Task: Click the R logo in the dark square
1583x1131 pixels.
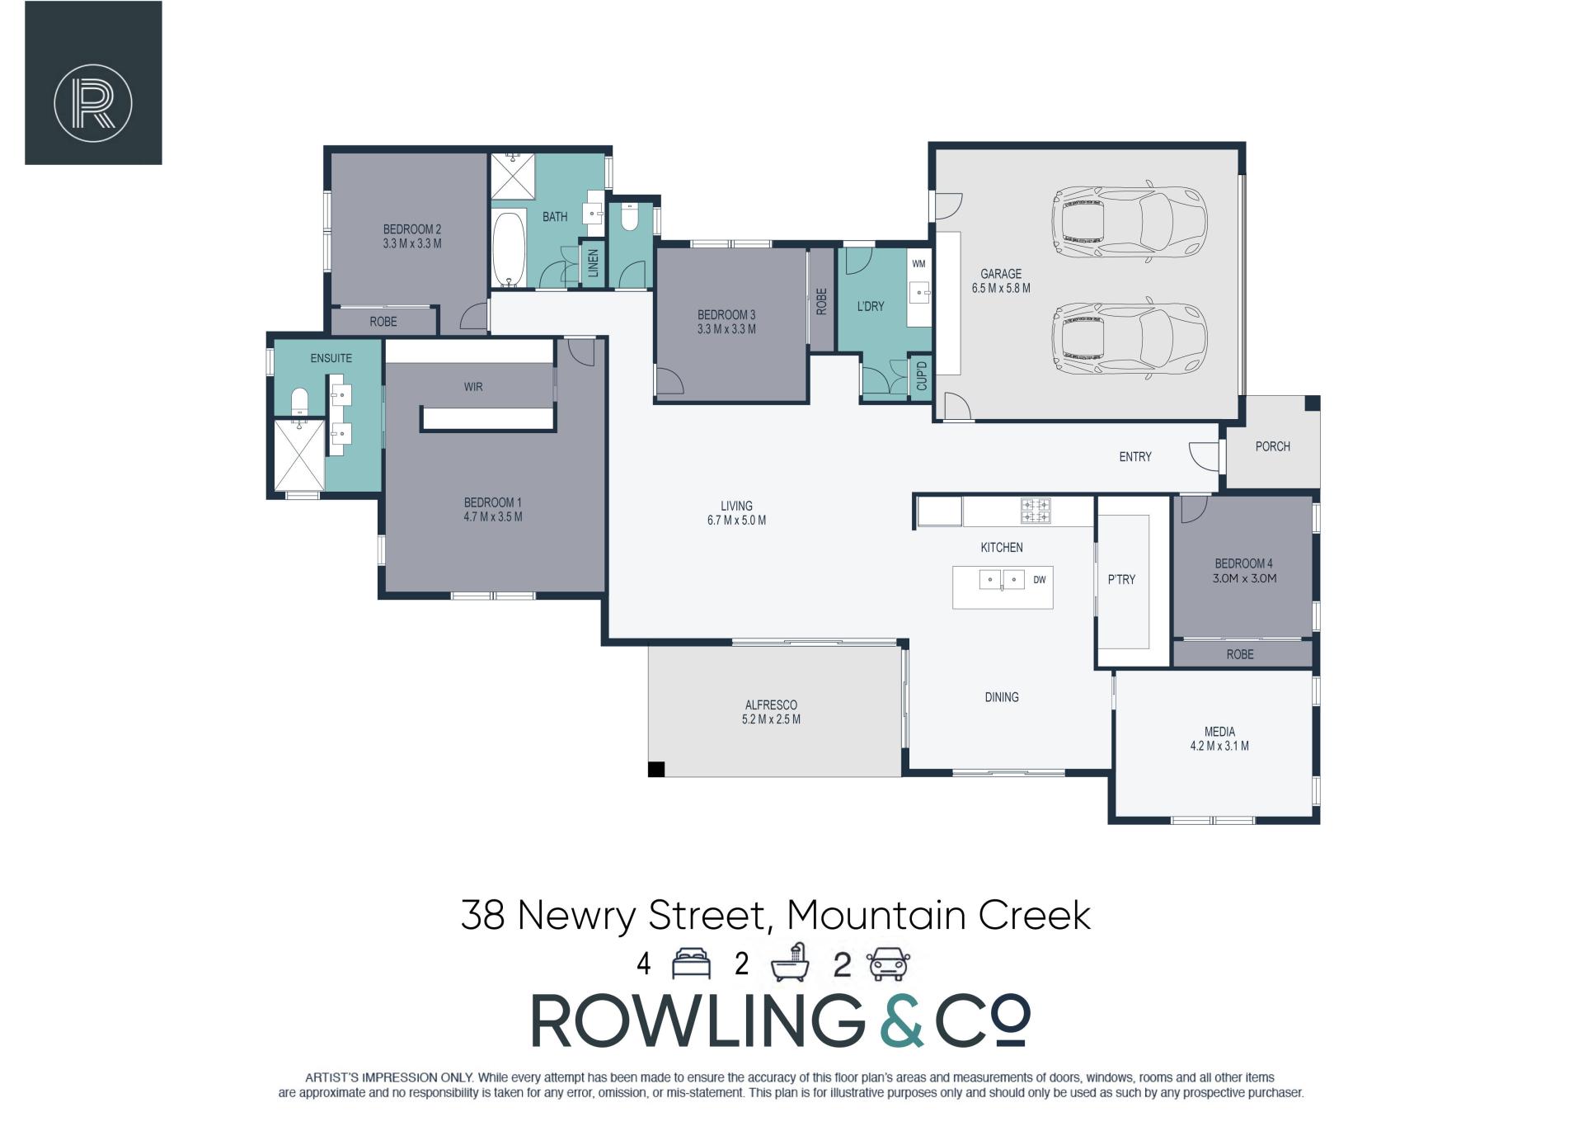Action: [93, 103]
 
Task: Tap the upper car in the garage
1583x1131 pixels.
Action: [1129, 222]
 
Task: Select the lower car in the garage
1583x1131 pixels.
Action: [1129, 337]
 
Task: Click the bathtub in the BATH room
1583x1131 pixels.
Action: [509, 247]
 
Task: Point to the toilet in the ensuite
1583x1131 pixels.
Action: [300, 401]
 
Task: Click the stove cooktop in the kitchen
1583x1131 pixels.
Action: [1036, 511]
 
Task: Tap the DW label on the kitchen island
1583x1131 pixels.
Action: [1040, 580]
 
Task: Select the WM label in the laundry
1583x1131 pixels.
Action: [918, 264]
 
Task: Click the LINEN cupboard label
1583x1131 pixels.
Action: [593, 265]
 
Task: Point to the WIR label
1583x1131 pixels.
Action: [473, 386]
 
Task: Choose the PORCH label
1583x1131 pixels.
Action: [1272, 446]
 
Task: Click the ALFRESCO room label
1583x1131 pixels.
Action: [771, 705]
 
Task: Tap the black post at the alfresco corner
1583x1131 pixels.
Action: [656, 769]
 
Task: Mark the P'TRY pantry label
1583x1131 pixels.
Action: [1121, 580]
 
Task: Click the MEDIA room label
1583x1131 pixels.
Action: [1219, 732]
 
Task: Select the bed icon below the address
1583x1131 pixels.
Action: [691, 964]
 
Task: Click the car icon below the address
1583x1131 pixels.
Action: [888, 964]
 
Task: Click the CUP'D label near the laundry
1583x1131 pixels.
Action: [922, 376]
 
